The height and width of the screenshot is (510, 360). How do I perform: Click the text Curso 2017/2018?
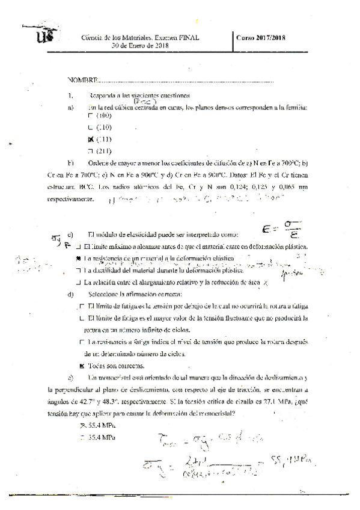261,37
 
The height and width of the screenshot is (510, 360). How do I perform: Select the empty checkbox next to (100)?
91,115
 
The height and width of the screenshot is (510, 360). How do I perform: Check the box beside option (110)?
91,127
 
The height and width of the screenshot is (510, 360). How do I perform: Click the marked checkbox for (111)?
91,140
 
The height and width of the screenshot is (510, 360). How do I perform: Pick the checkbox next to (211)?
91,152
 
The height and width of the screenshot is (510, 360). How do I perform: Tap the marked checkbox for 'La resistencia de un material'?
79,257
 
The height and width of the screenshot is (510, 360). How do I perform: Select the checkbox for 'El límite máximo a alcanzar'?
79,247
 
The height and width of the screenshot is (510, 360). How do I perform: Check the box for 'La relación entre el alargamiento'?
79,281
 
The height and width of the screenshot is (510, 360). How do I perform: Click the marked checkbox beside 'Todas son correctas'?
82,365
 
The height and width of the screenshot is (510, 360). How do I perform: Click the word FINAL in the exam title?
187,37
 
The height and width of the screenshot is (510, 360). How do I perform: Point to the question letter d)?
71,294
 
